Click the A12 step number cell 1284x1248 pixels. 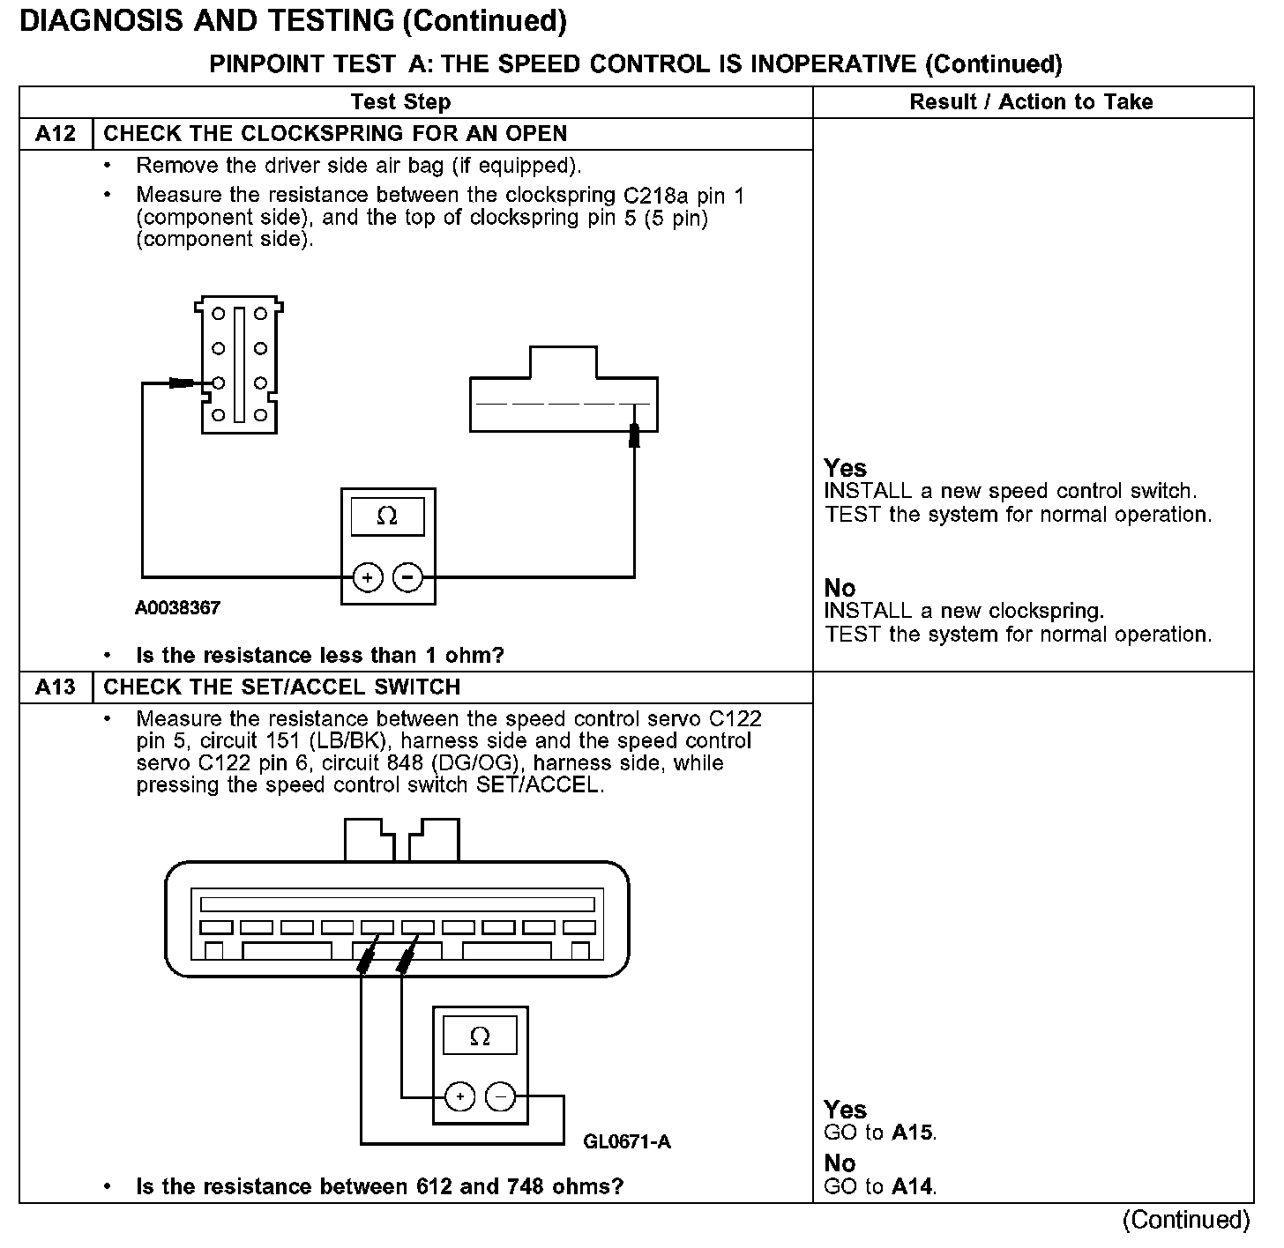[x=56, y=134]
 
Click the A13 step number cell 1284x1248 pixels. [x=56, y=687]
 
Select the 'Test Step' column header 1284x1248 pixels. [x=400, y=102]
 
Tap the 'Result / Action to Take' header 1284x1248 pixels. [x=1031, y=102]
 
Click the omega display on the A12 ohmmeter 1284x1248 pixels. [x=387, y=516]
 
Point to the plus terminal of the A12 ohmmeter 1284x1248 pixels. [x=367, y=578]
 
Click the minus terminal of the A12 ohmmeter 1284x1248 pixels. [x=407, y=578]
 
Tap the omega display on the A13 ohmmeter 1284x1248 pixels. [x=480, y=1036]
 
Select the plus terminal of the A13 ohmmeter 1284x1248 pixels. [x=459, y=1097]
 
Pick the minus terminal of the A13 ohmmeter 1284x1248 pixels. [x=500, y=1097]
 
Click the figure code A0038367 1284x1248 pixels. [x=177, y=608]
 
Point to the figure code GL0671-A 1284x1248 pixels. [x=627, y=1142]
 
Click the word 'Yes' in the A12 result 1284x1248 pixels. [x=845, y=468]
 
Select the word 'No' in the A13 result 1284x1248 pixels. [x=840, y=1163]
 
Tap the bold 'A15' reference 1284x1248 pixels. [x=912, y=1133]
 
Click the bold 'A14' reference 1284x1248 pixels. [x=912, y=1187]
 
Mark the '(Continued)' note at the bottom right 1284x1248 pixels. [x=1186, y=1220]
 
